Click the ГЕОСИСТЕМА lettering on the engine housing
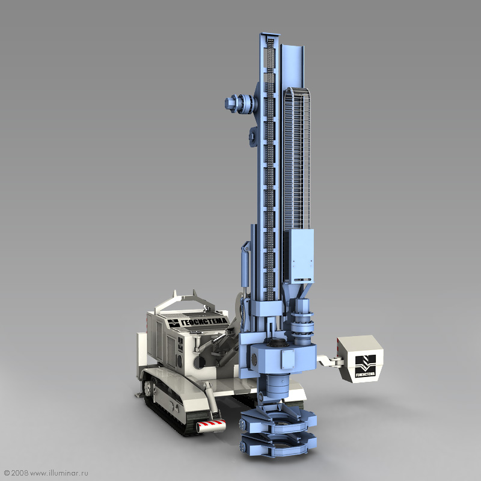pyautogui.click(x=204, y=322)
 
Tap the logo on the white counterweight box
pyautogui.click(x=365, y=366)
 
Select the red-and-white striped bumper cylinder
pyautogui.click(x=212, y=426)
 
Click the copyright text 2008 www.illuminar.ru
pyautogui.click(x=46, y=473)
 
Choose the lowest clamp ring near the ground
pyautogui.click(x=278, y=446)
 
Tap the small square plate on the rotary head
pyautogui.click(x=288, y=359)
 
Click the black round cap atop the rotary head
pyautogui.click(x=278, y=342)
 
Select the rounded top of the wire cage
pyautogui.click(x=296, y=91)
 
